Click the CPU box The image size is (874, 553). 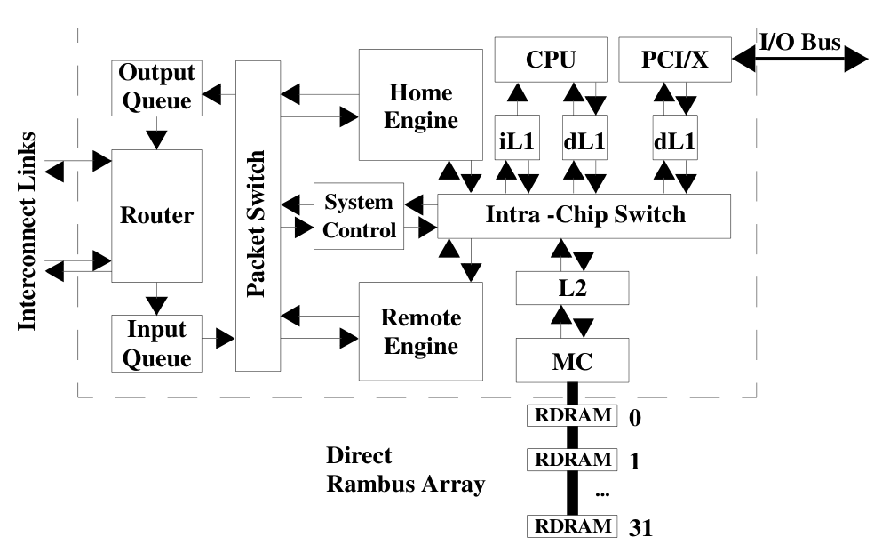point(551,60)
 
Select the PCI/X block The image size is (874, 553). point(674,60)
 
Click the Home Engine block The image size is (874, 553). point(421,105)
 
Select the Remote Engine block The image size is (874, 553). point(420,331)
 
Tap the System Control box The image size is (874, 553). point(359,216)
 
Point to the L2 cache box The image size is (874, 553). point(572,288)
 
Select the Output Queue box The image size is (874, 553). point(156,87)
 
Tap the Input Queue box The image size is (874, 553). point(156,342)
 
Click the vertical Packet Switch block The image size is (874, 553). point(258,216)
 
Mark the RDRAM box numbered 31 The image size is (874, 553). point(571,525)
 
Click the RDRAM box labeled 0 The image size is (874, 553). point(571,414)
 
